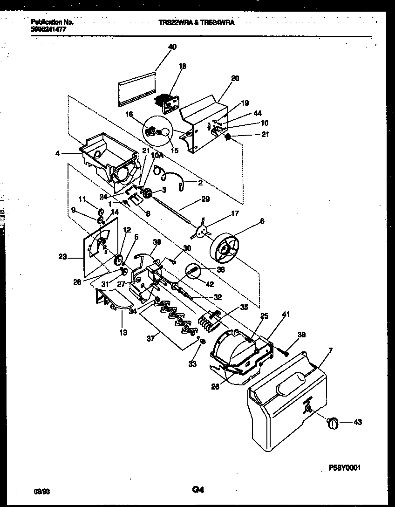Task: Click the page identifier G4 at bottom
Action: pos(197,489)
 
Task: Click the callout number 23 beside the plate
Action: pos(63,256)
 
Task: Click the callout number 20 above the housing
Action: pos(235,78)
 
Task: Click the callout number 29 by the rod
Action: pos(205,199)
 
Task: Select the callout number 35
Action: pos(244,307)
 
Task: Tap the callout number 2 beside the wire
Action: pos(200,183)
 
